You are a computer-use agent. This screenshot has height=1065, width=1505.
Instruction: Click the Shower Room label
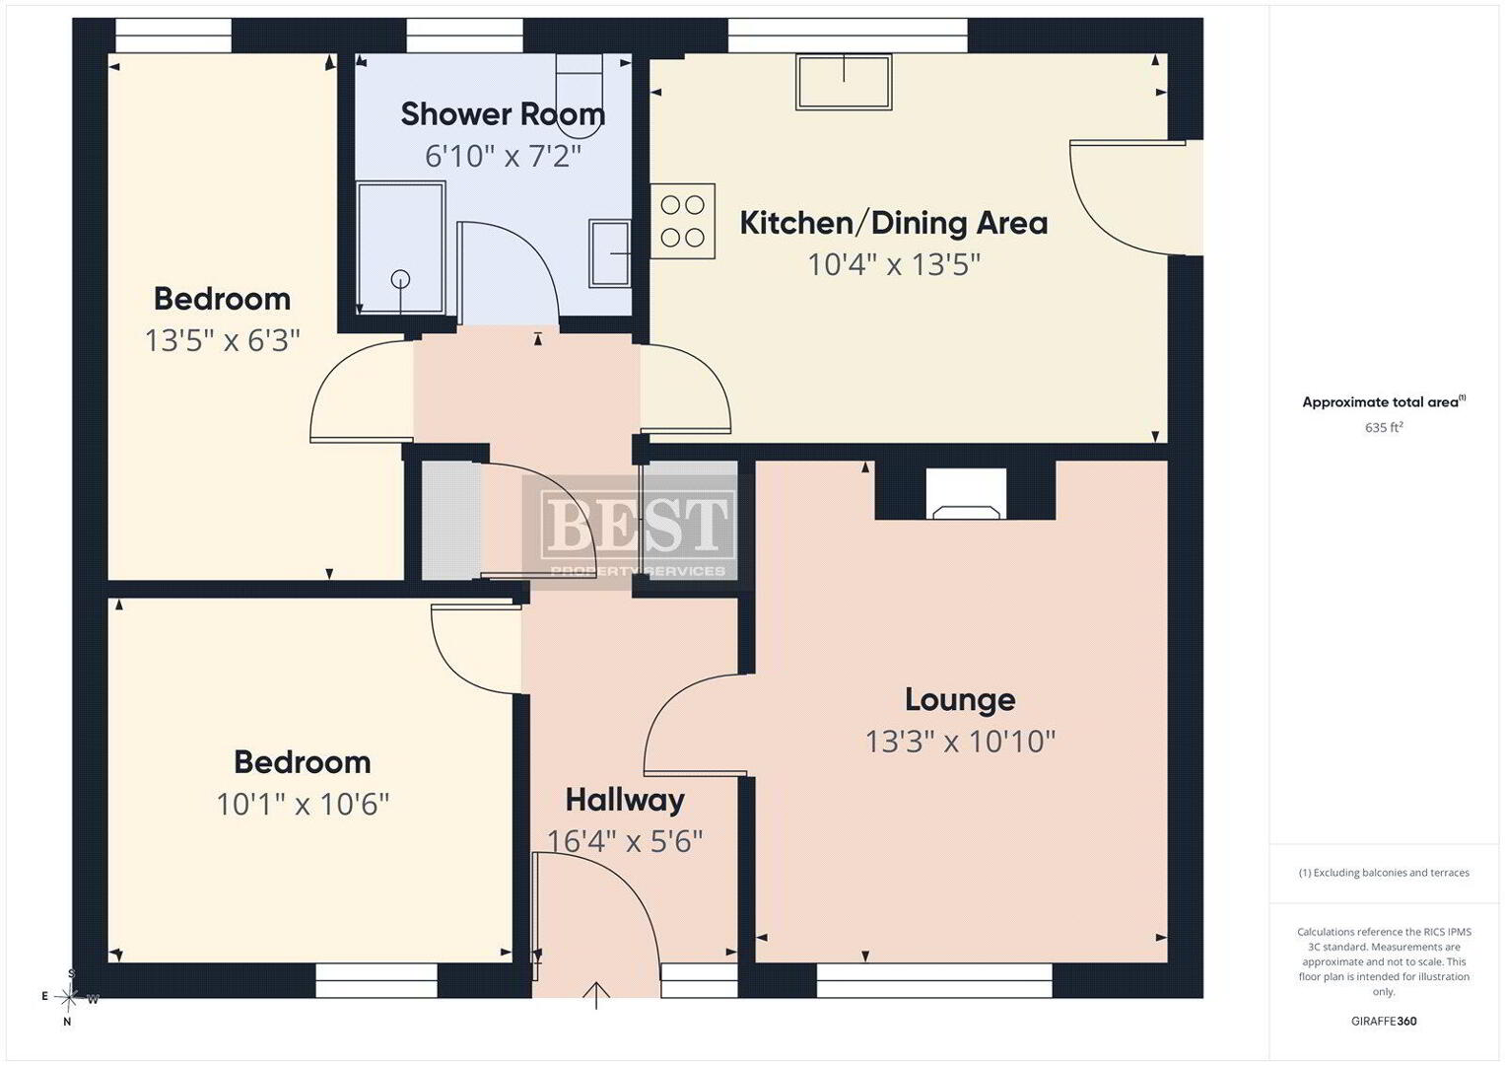pyautogui.click(x=503, y=114)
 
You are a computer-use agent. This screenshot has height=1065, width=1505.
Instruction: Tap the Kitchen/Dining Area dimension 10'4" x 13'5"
pyautogui.click(x=894, y=265)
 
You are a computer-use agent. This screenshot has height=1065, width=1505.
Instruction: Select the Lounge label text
pyautogui.click(x=960, y=700)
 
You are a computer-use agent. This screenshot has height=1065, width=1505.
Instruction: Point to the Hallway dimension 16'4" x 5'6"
pyautogui.click(x=625, y=841)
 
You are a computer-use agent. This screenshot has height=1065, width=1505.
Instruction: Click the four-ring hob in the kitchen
pyautogui.click(x=683, y=221)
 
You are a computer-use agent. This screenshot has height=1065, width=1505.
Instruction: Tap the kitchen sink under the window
pyautogui.click(x=844, y=82)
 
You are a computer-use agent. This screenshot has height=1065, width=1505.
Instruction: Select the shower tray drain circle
pyautogui.click(x=400, y=278)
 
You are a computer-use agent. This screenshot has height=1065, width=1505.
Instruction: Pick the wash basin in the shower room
pyautogui.click(x=610, y=252)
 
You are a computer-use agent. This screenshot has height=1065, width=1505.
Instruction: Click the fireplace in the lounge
pyautogui.click(x=966, y=494)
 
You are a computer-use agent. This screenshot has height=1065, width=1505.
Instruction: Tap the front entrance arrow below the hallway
pyautogui.click(x=596, y=996)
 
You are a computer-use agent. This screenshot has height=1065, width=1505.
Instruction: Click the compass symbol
pyautogui.click(x=69, y=997)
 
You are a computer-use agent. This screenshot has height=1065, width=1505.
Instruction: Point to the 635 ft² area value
pyautogui.click(x=1384, y=427)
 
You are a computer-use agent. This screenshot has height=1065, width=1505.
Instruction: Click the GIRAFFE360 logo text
pyautogui.click(x=1384, y=1022)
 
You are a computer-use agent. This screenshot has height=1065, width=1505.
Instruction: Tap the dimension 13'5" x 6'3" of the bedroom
pyautogui.click(x=223, y=341)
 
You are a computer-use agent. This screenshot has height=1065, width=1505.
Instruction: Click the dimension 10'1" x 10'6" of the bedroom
pyautogui.click(x=303, y=804)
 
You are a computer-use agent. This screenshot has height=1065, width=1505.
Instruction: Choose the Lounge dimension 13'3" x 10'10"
pyautogui.click(x=960, y=743)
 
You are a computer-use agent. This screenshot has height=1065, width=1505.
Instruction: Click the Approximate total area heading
pyautogui.click(x=1384, y=402)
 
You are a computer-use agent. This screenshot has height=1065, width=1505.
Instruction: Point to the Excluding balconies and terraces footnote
pyautogui.click(x=1384, y=873)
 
